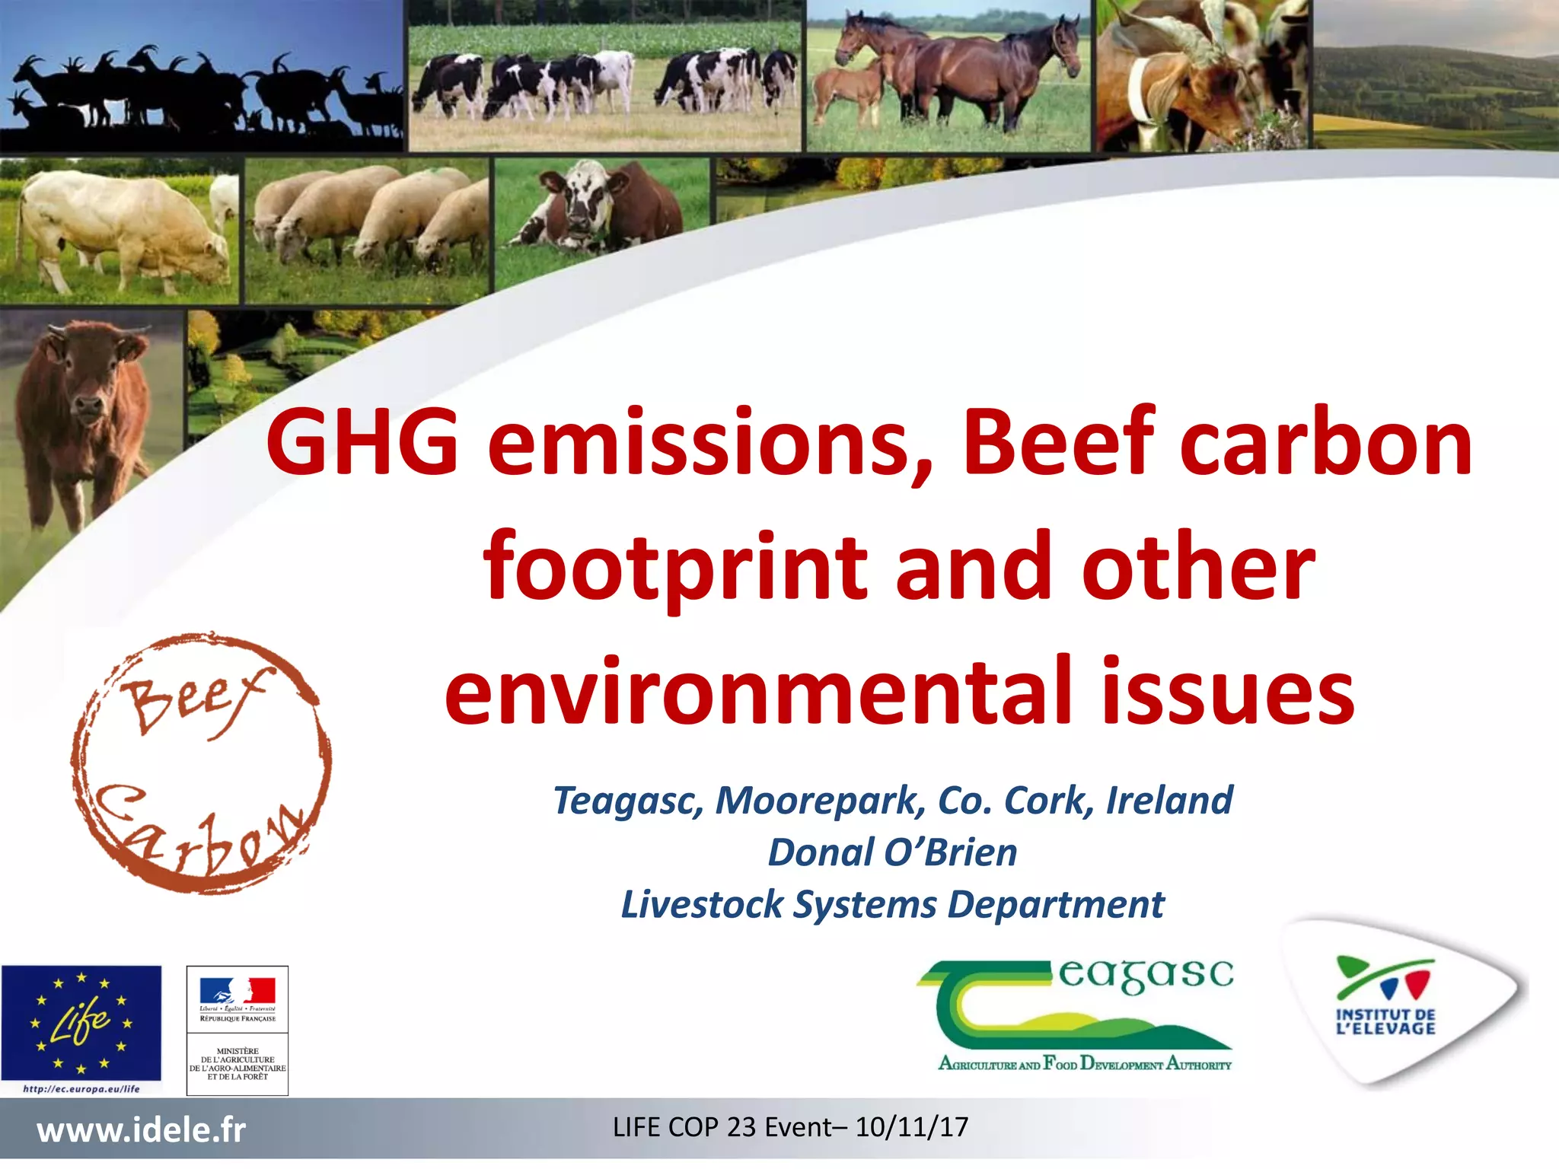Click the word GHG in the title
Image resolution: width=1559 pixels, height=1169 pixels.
(x=362, y=443)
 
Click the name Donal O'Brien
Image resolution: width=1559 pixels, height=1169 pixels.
(x=892, y=852)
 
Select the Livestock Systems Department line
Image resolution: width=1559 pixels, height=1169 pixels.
(x=892, y=905)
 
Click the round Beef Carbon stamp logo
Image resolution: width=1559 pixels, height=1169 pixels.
(x=201, y=763)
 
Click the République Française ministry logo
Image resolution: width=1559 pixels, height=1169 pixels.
(x=238, y=1030)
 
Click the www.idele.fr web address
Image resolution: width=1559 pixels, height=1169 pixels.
(x=142, y=1130)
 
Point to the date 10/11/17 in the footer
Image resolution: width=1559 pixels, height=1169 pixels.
(x=911, y=1127)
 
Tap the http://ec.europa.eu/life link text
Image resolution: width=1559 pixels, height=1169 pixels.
(x=81, y=1089)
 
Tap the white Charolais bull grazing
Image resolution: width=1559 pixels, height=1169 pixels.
(x=122, y=228)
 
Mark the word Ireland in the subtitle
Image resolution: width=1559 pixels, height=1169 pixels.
(x=1169, y=801)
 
